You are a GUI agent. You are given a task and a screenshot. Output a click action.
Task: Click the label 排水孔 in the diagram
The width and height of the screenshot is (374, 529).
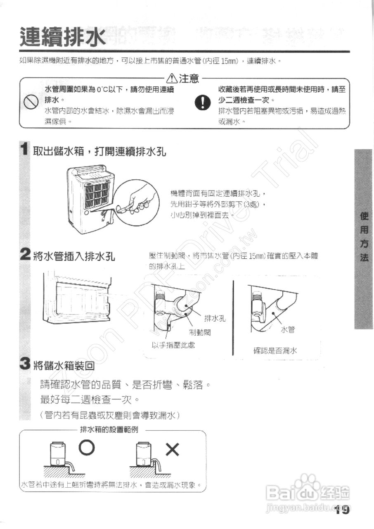(x=215, y=319)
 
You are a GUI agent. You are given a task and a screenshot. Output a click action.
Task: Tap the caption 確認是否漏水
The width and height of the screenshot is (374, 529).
(x=275, y=351)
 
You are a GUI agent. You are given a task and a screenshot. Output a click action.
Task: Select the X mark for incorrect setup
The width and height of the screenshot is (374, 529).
(x=172, y=449)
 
